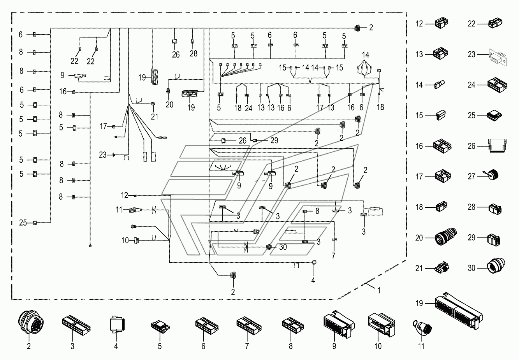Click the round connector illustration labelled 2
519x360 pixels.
(x=31, y=322)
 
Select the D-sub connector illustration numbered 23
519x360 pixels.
(x=498, y=57)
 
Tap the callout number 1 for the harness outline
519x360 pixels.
(x=379, y=290)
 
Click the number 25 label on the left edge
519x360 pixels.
(x=23, y=223)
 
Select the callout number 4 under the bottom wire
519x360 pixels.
(x=313, y=280)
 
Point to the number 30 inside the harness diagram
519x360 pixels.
(x=283, y=247)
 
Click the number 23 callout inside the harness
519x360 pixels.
(x=103, y=155)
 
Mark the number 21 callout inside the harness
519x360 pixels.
(x=155, y=117)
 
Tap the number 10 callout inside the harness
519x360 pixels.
(x=125, y=241)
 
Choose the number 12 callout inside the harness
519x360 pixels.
(x=125, y=195)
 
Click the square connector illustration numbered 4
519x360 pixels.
(x=117, y=324)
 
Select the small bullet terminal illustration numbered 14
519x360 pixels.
(x=439, y=85)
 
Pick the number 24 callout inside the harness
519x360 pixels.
(x=248, y=108)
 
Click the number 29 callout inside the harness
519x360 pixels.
(x=274, y=140)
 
